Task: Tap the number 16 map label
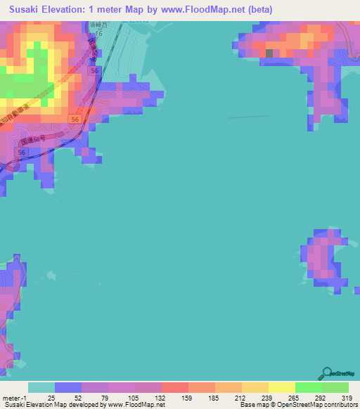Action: pyautogui.click(x=98, y=33)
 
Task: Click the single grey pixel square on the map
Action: pyautogui.click(x=269, y=52)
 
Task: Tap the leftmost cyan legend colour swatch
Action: pyautogui.click(x=41, y=387)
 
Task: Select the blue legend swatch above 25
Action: pyautogui.click(x=68, y=387)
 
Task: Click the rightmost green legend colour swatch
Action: pyautogui.click(x=335, y=387)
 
